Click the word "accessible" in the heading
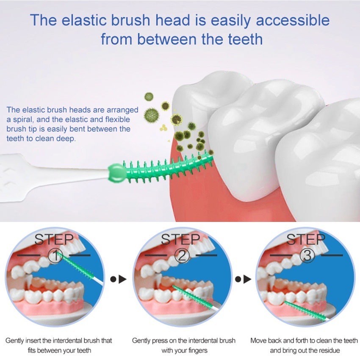click(293, 20)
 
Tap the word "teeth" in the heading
click(245, 39)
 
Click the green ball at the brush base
click(116, 173)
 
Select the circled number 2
click(182, 256)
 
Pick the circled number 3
click(307, 256)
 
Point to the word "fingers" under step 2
click(196, 351)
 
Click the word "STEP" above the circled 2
click(180, 239)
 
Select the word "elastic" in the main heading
click(84, 20)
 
